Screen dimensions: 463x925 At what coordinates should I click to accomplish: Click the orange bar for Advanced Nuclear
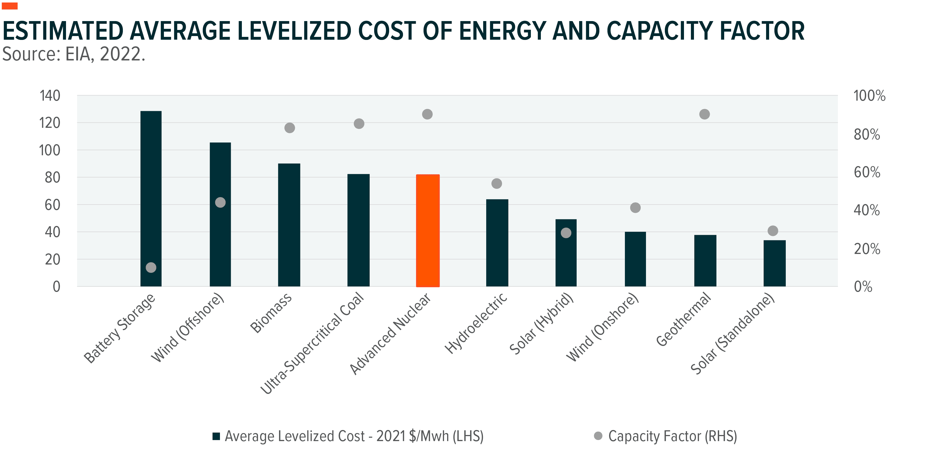point(428,230)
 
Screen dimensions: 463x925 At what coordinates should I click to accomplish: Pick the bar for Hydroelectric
point(497,243)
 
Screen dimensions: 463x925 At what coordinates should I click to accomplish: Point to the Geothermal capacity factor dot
point(704,114)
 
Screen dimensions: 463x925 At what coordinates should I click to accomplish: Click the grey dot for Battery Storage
point(151,267)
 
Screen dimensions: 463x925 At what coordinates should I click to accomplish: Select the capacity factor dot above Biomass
point(289,128)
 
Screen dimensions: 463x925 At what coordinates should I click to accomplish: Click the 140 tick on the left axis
point(50,96)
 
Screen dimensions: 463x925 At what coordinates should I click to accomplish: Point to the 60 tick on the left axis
point(52,205)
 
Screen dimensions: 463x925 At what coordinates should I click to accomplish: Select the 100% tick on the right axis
point(869,96)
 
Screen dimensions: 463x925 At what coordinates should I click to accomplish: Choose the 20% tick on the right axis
point(866,249)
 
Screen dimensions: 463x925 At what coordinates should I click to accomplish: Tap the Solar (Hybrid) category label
point(541,324)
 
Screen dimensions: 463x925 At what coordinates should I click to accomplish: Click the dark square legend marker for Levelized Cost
point(216,436)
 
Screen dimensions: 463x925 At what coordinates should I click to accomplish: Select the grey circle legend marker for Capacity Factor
point(598,436)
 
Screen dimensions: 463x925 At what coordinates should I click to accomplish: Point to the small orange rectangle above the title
point(10,6)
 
